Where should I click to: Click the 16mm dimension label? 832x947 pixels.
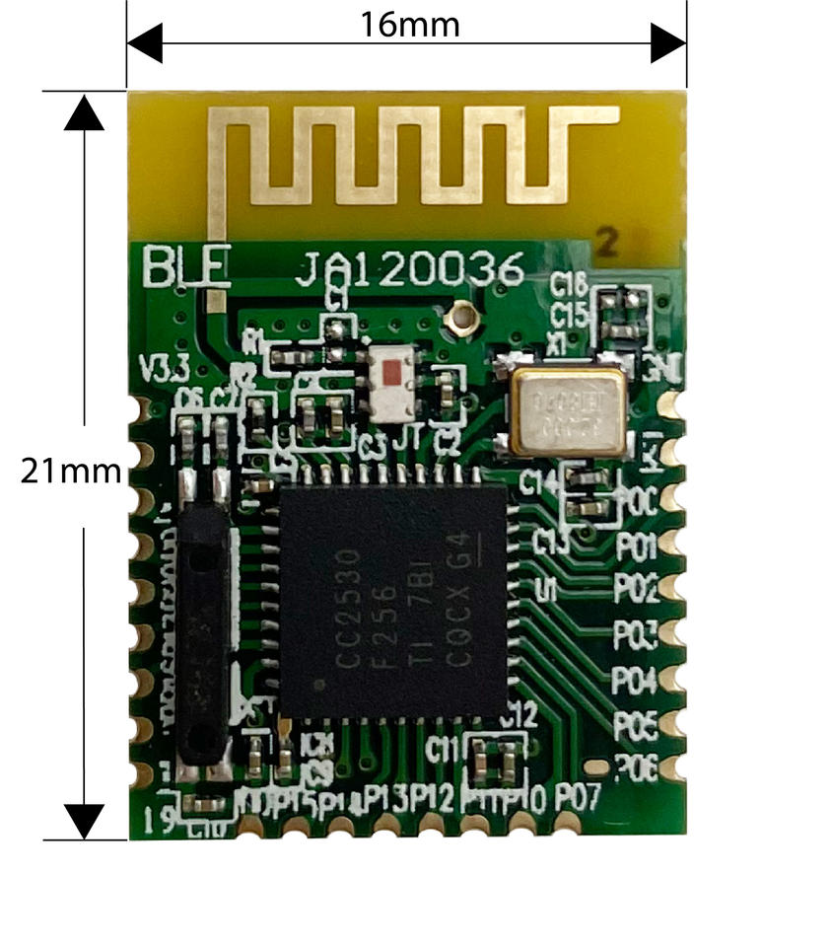pyautogui.click(x=409, y=24)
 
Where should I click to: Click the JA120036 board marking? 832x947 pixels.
pyautogui.click(x=410, y=269)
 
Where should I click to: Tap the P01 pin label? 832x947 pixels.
pyautogui.click(x=637, y=546)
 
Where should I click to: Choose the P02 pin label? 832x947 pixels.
pyautogui.click(x=637, y=589)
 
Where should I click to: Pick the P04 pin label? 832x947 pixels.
pyautogui.click(x=635, y=680)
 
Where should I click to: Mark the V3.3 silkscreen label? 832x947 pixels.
pyautogui.click(x=161, y=372)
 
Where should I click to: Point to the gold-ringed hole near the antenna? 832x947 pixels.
pyautogui.click(x=459, y=318)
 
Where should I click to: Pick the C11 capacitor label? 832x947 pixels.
pyautogui.click(x=443, y=751)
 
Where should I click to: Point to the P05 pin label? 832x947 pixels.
pyautogui.click(x=636, y=726)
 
